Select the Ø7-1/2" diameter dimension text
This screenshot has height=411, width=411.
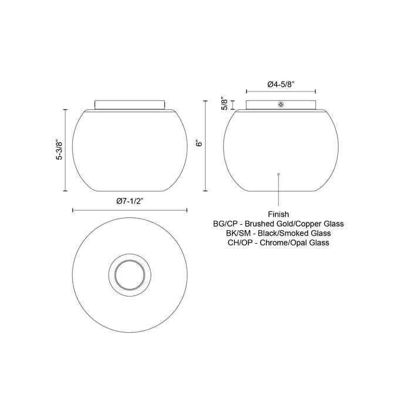(x=130, y=201)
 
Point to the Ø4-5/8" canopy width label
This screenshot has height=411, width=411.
(x=281, y=84)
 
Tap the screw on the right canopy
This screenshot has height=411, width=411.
(x=281, y=105)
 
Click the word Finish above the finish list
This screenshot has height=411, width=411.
(x=279, y=214)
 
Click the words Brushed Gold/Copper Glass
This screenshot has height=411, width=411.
(x=295, y=224)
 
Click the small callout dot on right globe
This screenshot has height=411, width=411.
(x=278, y=174)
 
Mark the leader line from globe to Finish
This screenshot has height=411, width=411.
(x=278, y=191)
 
